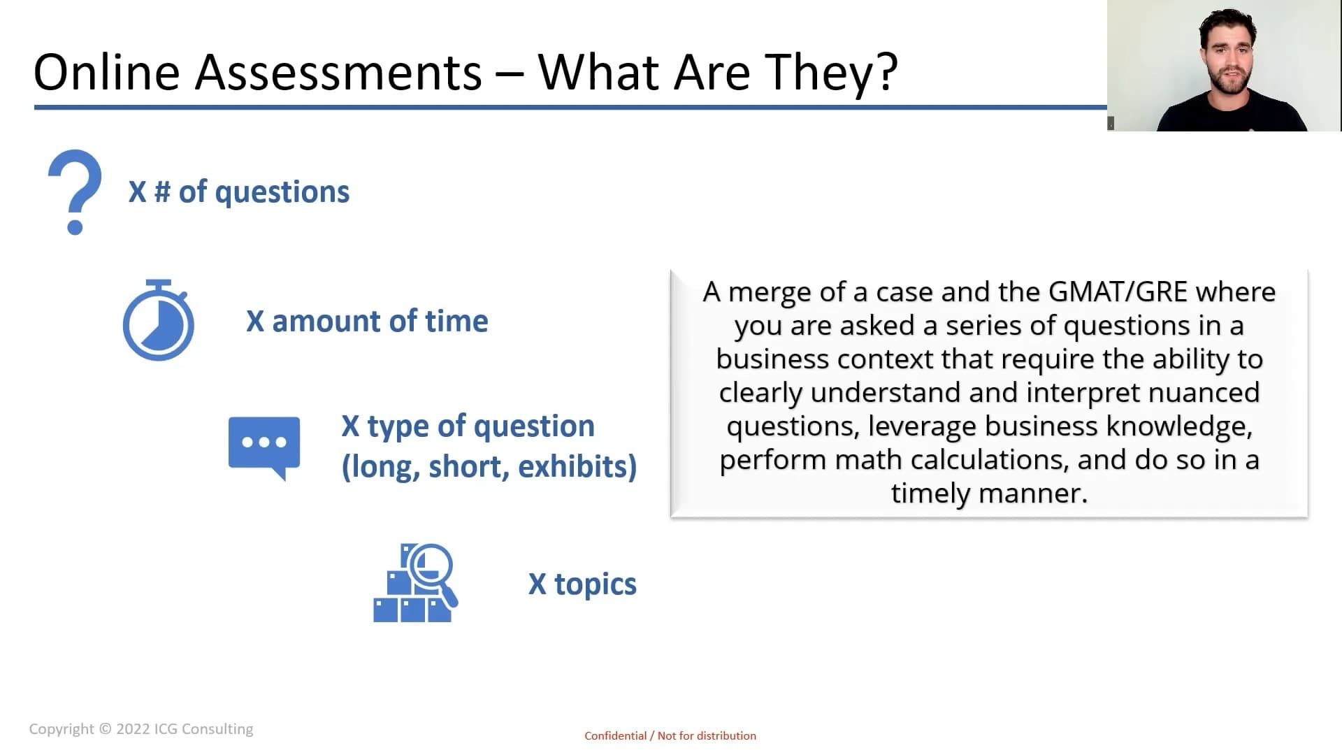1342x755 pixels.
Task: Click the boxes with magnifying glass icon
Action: tap(416, 583)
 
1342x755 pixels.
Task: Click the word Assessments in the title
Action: tap(338, 72)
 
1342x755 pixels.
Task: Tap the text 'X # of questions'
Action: tap(239, 192)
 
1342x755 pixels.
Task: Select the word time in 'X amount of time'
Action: tap(456, 321)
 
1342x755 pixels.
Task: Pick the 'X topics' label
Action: tap(582, 584)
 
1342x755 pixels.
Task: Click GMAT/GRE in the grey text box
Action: tap(1118, 292)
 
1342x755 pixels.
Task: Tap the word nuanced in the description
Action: tap(1204, 392)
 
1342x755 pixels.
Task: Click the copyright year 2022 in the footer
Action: tap(133, 729)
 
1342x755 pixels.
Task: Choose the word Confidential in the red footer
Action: tap(616, 735)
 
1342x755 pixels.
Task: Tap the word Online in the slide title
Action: tap(107, 72)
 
